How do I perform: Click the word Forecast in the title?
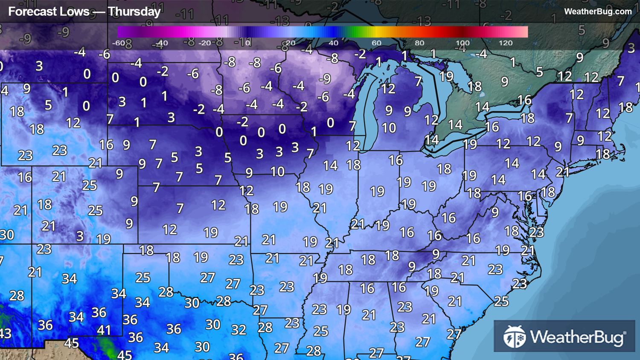click(28, 12)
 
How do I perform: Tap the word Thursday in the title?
click(134, 12)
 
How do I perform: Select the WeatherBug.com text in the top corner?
click(597, 12)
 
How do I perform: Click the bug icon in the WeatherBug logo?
click(514, 337)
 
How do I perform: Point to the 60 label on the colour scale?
click(376, 43)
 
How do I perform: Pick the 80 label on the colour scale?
click(419, 43)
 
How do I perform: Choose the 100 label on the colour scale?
click(463, 43)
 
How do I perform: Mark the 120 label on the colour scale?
click(506, 43)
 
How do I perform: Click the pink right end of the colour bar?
click(523, 32)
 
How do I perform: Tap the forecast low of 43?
click(5, 333)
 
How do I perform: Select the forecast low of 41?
click(104, 330)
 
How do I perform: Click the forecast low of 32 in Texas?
click(239, 330)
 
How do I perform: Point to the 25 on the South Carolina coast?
click(501, 302)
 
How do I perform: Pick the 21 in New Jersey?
click(562, 172)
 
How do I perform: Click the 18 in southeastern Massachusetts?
click(602, 154)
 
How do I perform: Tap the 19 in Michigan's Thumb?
click(446, 76)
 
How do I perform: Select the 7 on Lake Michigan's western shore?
click(352, 126)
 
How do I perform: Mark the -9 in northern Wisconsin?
click(325, 79)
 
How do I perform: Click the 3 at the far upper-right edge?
click(631, 48)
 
